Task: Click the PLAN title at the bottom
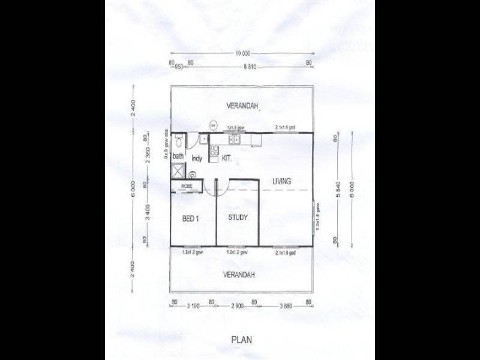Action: pyautogui.click(x=242, y=339)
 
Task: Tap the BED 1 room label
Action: pyautogui.click(x=191, y=219)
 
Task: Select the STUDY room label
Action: pyautogui.click(x=238, y=217)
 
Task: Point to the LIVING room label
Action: pyautogui.click(x=281, y=181)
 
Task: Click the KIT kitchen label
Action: pyautogui.click(x=226, y=159)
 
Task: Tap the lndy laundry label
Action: pyautogui.click(x=196, y=159)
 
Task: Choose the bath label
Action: pyautogui.click(x=178, y=157)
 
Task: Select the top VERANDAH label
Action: pyautogui.click(x=242, y=106)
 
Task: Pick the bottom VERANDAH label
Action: pyautogui.click(x=239, y=275)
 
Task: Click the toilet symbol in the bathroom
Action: pyautogui.click(x=178, y=143)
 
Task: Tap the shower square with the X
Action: pyautogui.click(x=178, y=170)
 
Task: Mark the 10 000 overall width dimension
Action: pyautogui.click(x=242, y=53)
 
